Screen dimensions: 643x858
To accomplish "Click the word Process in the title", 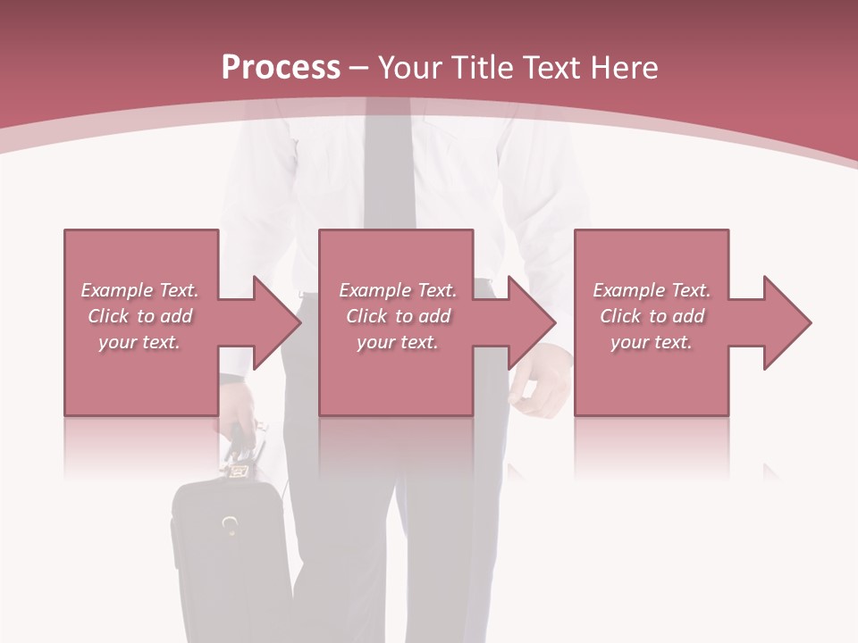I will tap(281, 68).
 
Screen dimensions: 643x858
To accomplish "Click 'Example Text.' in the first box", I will tap(140, 290).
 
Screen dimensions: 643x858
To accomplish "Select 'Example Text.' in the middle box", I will tap(398, 290).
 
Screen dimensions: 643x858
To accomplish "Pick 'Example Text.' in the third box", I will tap(652, 290).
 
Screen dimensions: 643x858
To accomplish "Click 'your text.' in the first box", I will tap(140, 342).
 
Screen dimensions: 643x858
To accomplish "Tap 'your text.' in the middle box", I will tap(398, 342).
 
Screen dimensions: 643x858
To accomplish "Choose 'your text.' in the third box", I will tap(652, 342).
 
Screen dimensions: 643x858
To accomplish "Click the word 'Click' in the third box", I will tap(621, 316).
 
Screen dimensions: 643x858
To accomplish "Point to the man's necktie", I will tap(389, 170).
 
